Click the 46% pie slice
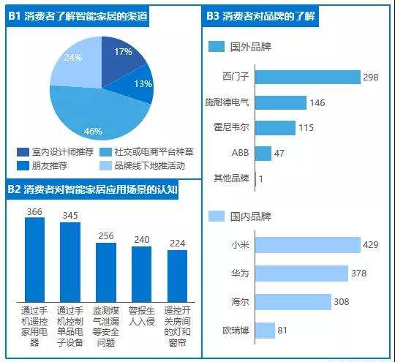(x=91, y=117)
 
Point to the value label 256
(x=105, y=236)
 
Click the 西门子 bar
(x=308, y=78)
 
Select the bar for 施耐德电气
(x=281, y=102)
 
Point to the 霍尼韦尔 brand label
(x=233, y=128)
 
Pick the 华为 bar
(x=301, y=274)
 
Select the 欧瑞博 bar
(x=266, y=331)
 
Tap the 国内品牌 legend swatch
(x=216, y=216)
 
